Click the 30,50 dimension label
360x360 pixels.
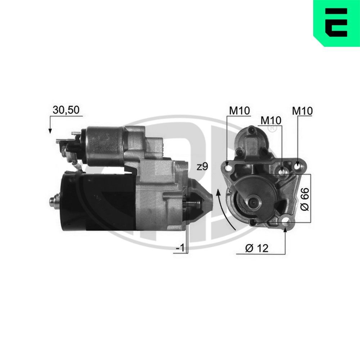66,111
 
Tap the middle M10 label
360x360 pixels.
271,120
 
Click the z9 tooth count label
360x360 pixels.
203,167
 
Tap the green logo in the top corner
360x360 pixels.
336,23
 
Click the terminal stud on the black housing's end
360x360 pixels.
54,202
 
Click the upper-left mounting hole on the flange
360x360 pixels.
227,167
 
